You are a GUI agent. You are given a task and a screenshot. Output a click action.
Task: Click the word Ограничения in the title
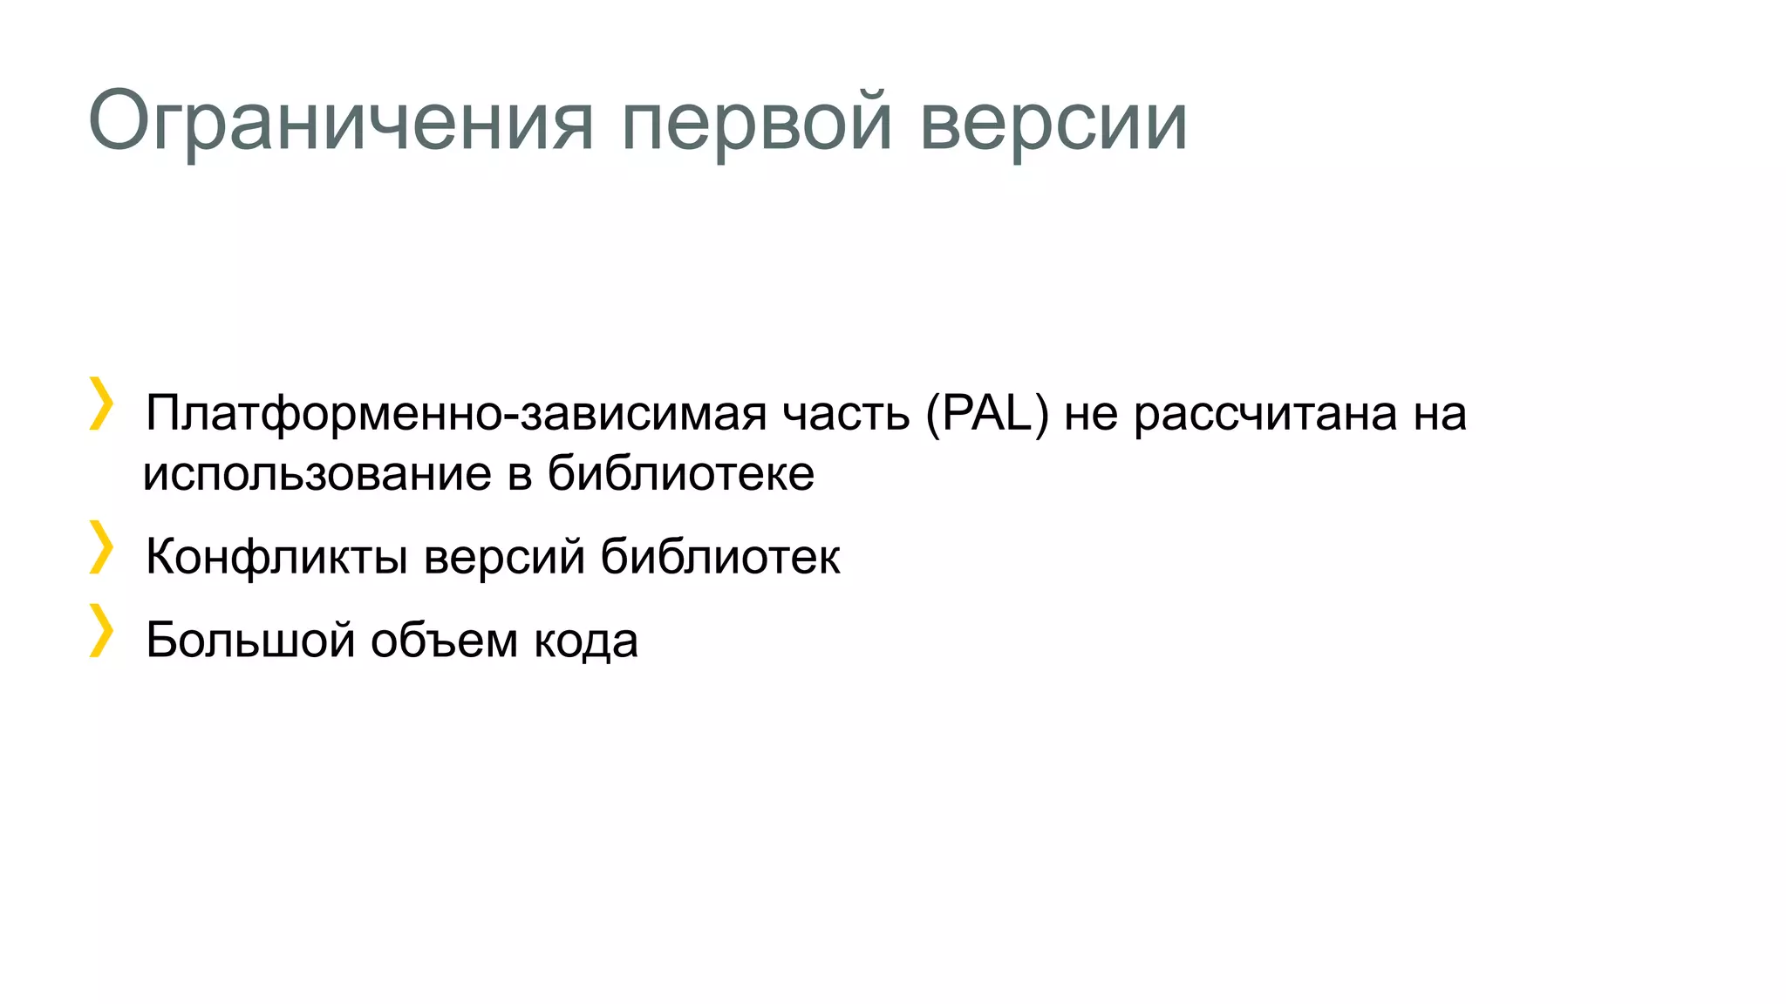pyautogui.click(x=341, y=122)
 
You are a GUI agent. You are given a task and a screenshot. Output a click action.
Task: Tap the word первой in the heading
pyautogui.click(x=757, y=122)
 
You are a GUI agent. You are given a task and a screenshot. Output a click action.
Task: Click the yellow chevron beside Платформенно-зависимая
pyautogui.click(x=101, y=404)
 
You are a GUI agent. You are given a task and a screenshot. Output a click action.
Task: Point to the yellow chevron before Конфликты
pyautogui.click(x=101, y=547)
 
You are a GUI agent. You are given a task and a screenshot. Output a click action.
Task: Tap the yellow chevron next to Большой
pyautogui.click(x=101, y=630)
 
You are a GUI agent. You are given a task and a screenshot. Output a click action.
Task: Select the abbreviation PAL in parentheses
pyautogui.click(x=987, y=413)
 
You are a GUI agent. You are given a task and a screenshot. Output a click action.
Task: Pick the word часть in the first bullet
pyautogui.click(x=846, y=413)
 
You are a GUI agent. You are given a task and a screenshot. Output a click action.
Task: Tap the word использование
pyautogui.click(x=317, y=474)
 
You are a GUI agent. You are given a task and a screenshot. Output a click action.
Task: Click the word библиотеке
pyautogui.click(x=681, y=474)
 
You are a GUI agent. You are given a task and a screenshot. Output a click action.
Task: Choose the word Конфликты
pyautogui.click(x=276, y=556)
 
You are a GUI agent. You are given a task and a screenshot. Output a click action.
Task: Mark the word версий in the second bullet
pyautogui.click(x=504, y=556)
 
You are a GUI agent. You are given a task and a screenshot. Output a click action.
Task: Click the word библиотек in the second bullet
pyautogui.click(x=720, y=556)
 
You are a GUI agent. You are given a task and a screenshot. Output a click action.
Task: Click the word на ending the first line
pyautogui.click(x=1440, y=413)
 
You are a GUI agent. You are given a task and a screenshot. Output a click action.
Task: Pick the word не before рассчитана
pyautogui.click(x=1091, y=413)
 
